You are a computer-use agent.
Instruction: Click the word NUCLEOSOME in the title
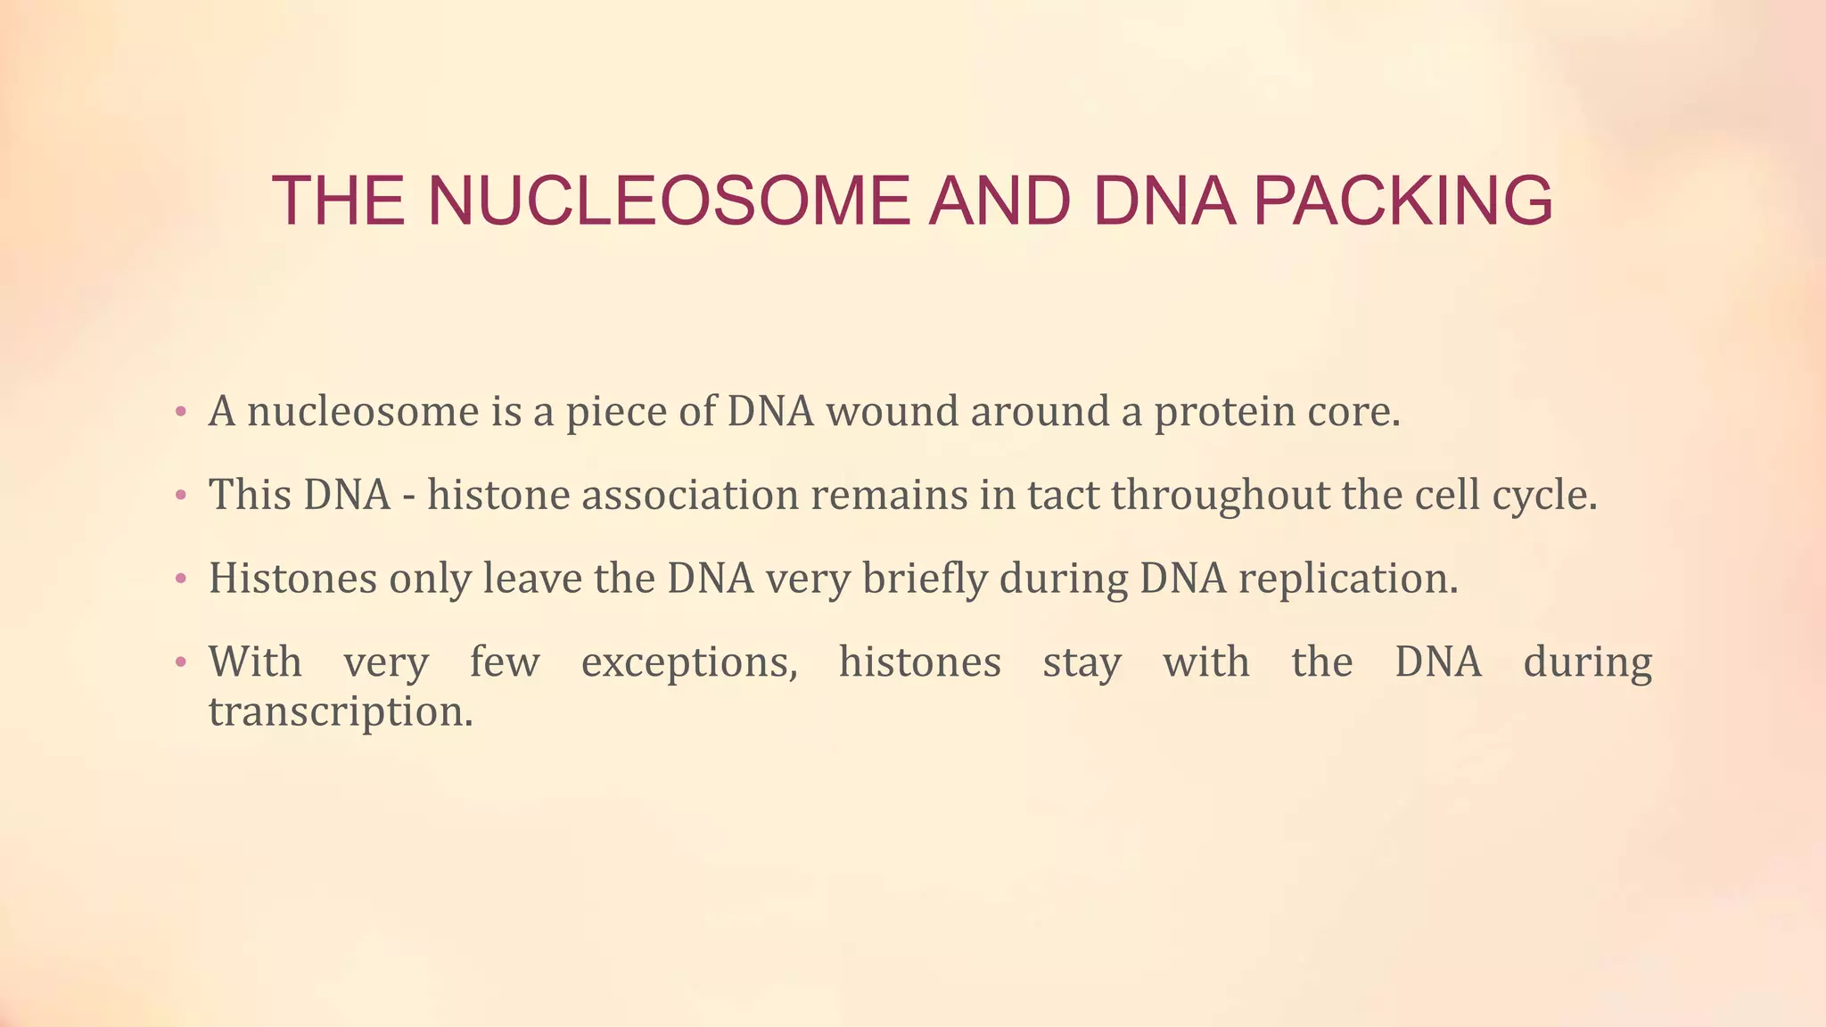669,201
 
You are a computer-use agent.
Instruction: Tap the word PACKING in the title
1403,201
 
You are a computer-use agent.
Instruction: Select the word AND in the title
999,201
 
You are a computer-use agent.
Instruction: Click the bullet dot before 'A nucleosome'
181,413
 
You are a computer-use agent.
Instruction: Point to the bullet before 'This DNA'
181,496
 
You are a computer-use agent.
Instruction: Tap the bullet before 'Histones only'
181,579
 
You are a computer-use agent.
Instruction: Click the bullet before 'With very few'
181,663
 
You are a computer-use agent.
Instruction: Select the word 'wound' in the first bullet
892,412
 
